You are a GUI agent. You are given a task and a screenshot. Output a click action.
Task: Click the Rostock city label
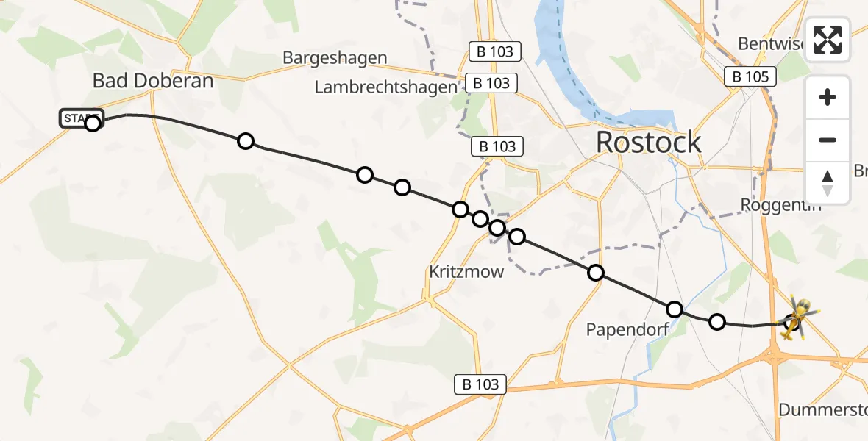(648, 142)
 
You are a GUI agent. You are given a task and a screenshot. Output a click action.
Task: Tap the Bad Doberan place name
(153, 81)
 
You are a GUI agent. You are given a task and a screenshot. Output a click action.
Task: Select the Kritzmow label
(466, 272)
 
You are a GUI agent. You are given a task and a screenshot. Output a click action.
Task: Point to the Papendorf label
(627, 329)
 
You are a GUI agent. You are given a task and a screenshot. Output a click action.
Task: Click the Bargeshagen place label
(335, 58)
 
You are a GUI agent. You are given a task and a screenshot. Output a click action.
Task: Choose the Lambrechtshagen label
(385, 87)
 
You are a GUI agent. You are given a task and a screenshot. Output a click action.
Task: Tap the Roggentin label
(780, 205)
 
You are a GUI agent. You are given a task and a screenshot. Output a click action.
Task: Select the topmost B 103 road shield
(495, 51)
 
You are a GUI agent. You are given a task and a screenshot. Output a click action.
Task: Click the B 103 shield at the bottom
(481, 384)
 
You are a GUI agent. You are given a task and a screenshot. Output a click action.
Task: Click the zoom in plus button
(828, 97)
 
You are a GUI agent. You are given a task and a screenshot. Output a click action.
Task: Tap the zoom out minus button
(828, 140)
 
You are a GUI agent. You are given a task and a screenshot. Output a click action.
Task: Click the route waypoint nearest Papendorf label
(675, 309)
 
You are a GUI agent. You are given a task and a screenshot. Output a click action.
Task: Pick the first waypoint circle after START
(246, 141)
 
